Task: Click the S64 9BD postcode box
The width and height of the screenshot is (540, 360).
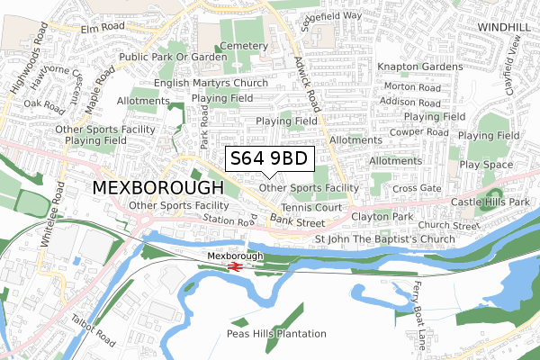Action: (x=269, y=158)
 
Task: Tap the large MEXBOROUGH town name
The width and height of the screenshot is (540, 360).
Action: (x=158, y=188)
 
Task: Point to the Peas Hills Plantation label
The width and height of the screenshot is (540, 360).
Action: (x=276, y=334)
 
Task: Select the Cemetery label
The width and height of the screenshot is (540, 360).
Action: (x=243, y=45)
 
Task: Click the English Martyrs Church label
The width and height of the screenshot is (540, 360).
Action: (x=211, y=83)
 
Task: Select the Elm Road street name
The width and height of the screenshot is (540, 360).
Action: (x=100, y=29)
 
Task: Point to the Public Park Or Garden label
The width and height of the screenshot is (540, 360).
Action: (x=173, y=57)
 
